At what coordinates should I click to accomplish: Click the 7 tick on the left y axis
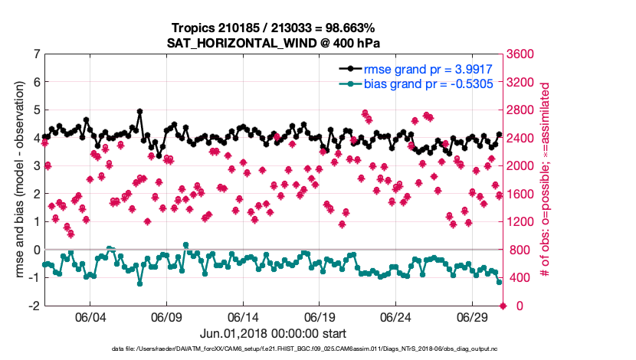pos(36,54)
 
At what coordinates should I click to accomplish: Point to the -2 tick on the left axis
pos(34,306)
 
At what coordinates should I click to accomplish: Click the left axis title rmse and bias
pos(15,180)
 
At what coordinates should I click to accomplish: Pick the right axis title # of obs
pos(546,180)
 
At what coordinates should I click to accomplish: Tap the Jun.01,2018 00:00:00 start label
pos(274,334)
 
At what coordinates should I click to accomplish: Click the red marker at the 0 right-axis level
pos(503,306)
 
